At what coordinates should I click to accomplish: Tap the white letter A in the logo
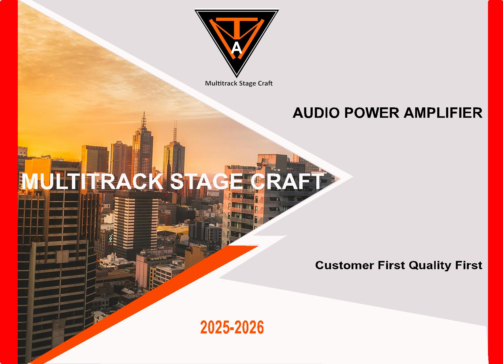237,48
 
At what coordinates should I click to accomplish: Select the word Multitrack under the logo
221,83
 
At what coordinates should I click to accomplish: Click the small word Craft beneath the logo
265,83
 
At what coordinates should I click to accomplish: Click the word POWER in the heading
372,113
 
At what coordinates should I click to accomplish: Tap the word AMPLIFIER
443,113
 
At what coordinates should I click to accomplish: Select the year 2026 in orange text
249,327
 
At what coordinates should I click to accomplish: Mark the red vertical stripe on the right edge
495,182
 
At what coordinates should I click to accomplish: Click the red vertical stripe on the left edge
9,182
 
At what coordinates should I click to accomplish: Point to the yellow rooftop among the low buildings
173,229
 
